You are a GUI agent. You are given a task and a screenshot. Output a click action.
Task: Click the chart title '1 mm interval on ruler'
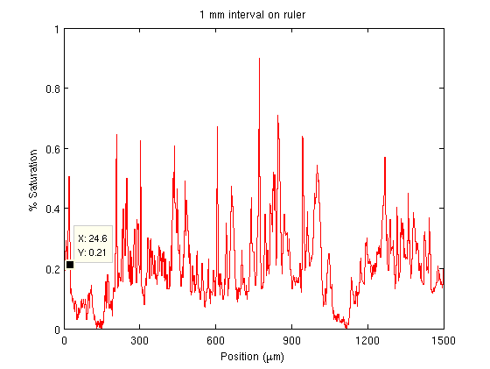[252, 15]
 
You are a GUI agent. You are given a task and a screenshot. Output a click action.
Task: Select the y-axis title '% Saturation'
[33, 180]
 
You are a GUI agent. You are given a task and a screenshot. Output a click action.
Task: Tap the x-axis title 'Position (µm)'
[252, 357]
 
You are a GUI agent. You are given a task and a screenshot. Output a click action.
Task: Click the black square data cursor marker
[70, 265]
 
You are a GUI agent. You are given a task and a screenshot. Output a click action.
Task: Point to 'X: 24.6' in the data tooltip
[93, 238]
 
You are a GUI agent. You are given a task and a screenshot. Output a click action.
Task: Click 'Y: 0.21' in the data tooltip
[92, 252]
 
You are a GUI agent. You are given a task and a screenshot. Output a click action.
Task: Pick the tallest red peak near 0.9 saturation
[259, 59]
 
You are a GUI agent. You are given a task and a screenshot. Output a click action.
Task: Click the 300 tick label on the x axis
[140, 341]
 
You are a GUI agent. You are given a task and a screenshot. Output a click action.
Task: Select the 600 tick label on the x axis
[215, 341]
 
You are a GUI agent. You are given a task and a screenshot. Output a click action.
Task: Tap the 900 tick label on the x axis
[291, 341]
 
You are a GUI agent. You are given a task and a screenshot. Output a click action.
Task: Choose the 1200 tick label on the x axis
[367, 341]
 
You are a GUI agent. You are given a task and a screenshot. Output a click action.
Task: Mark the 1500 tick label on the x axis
[444, 341]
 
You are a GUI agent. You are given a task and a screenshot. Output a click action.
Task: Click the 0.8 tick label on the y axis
[52, 89]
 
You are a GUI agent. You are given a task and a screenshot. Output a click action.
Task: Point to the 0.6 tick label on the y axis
[52, 149]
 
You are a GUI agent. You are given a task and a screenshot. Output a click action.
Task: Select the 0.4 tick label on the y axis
[52, 209]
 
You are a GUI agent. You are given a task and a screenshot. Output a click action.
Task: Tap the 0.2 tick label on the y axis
[52, 269]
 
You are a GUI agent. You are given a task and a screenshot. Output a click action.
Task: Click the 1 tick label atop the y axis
[57, 29]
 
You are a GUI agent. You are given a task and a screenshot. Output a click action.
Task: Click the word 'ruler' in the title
[294, 15]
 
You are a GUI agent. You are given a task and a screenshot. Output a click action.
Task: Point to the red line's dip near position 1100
[346, 327]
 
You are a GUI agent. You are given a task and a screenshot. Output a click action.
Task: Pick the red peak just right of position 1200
[385, 158]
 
